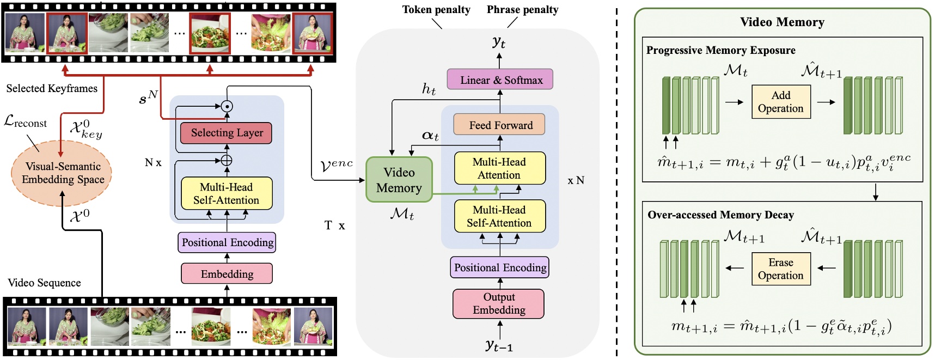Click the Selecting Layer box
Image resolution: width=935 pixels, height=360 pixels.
point(227,133)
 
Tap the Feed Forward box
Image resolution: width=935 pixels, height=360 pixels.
point(500,125)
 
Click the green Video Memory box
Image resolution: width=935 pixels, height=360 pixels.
point(399,180)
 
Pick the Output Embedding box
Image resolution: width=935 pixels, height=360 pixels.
point(498,303)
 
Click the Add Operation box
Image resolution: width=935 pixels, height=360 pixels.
point(780,102)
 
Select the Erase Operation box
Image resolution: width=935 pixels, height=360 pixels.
point(780,269)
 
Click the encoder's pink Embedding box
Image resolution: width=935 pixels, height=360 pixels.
point(227,274)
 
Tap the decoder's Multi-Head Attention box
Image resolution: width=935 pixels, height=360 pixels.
point(499,168)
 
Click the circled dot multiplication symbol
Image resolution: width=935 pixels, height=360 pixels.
point(227,106)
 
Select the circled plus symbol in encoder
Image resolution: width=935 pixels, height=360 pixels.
point(227,160)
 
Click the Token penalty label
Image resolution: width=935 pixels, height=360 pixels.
point(436,10)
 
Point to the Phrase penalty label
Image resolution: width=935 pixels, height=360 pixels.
point(522,10)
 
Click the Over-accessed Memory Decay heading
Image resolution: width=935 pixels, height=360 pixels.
point(720,215)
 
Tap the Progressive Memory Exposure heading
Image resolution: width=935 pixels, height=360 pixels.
point(720,50)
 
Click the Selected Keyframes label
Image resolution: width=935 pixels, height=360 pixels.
point(52,88)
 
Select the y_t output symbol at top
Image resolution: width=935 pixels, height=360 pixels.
point(499,41)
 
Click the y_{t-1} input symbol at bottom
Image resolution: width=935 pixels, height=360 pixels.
point(499,345)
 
